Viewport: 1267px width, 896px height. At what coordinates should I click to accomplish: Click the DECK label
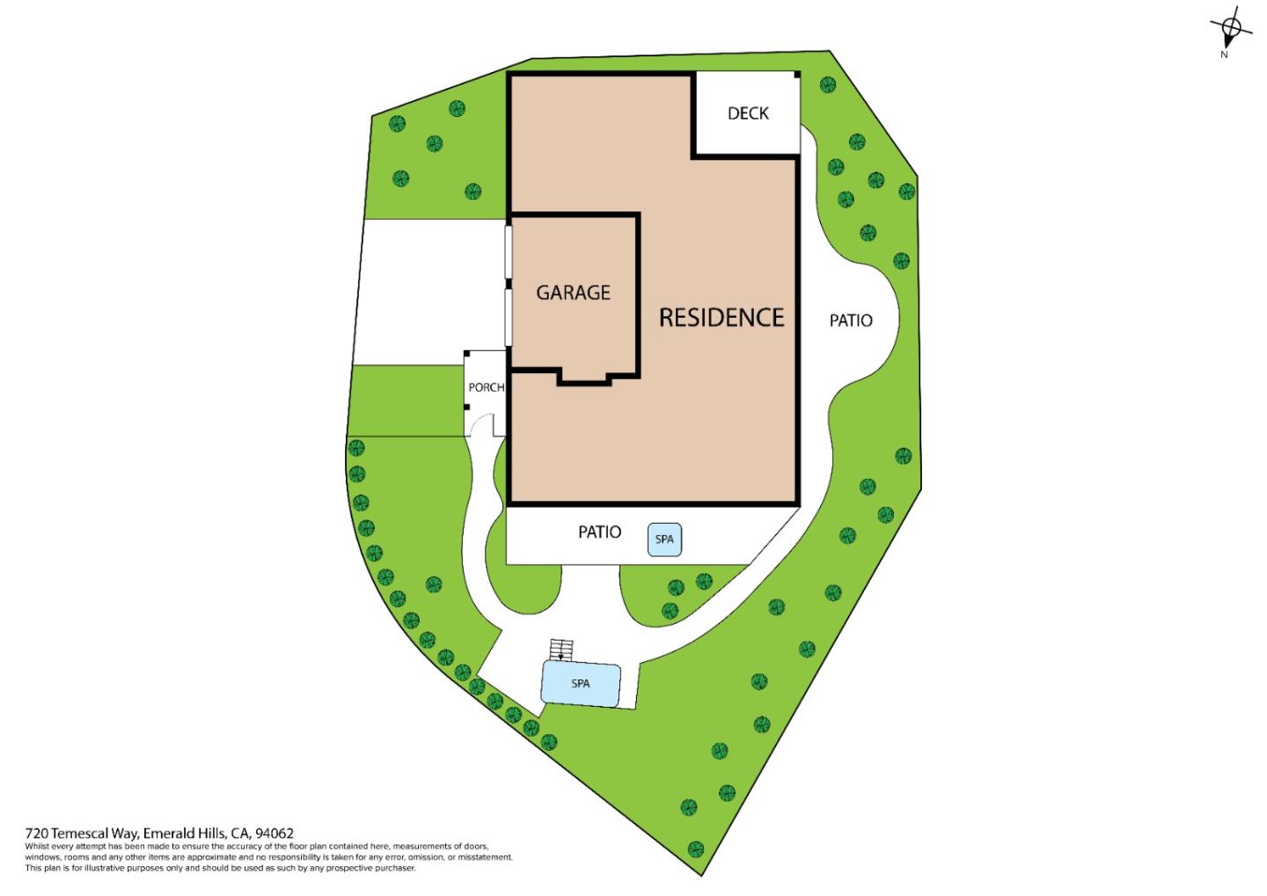(748, 114)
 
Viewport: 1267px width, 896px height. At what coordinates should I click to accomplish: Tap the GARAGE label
(573, 292)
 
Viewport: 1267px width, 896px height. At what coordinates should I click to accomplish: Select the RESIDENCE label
(721, 318)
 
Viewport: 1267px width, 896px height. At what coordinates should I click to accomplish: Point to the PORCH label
(487, 387)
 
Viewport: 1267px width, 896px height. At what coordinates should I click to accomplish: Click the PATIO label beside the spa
(599, 532)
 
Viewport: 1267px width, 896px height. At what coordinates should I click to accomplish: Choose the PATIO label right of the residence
(851, 320)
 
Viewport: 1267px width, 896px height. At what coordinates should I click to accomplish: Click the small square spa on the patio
(664, 540)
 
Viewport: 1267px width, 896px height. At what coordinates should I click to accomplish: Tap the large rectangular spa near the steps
(581, 684)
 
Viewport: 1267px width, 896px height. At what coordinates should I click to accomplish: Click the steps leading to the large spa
(561, 650)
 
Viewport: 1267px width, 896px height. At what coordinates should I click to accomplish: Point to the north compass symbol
(1231, 29)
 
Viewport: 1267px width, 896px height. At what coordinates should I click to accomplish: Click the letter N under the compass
(1224, 55)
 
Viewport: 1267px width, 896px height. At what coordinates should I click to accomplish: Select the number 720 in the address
(37, 834)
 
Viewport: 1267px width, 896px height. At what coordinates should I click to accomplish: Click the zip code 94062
(275, 834)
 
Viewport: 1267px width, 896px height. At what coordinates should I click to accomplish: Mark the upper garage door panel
(509, 252)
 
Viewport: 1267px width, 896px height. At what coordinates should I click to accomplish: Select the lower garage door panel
(509, 318)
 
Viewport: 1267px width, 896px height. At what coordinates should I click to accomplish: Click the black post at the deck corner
(797, 75)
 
